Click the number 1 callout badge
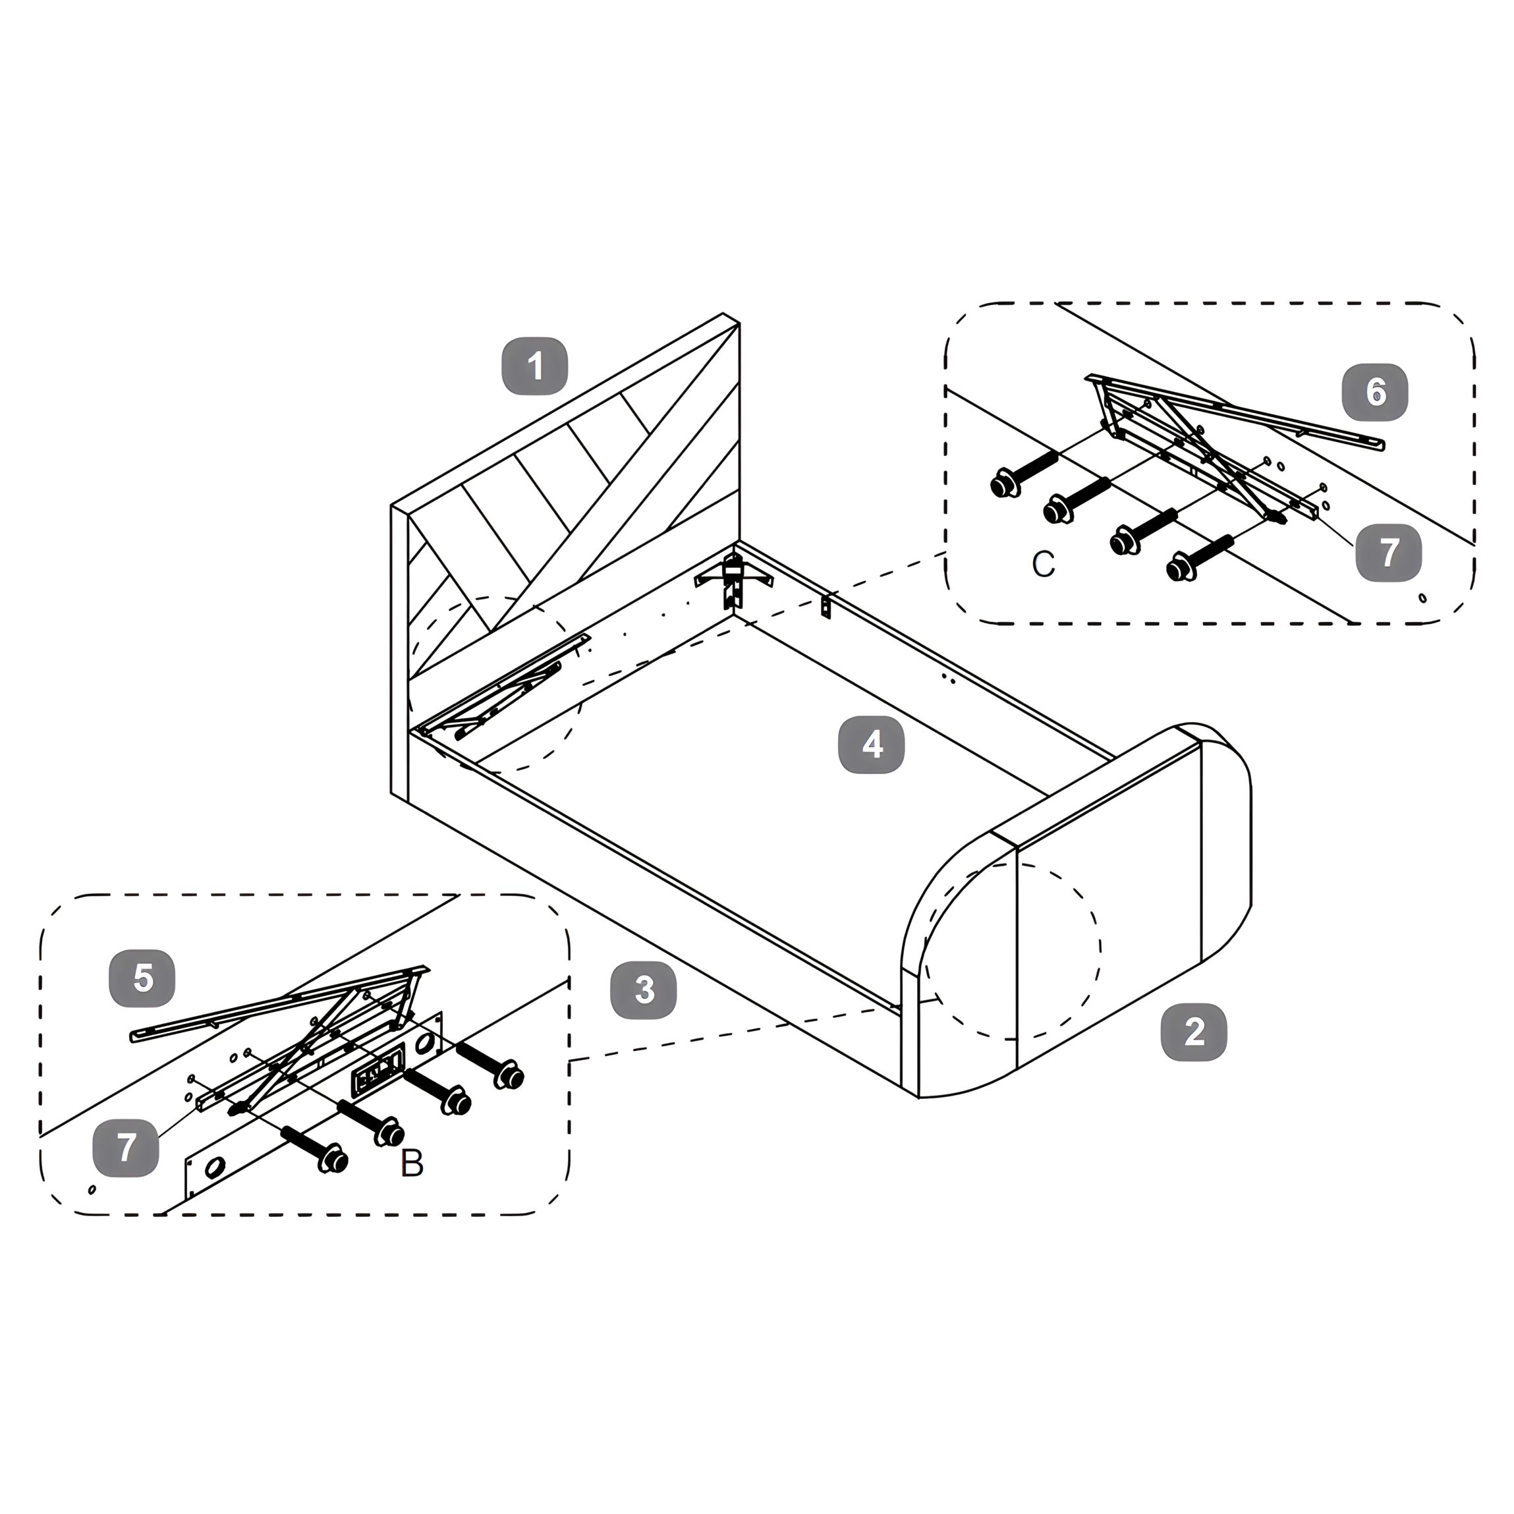(x=535, y=366)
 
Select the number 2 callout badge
(x=1194, y=1032)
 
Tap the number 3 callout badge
(x=644, y=990)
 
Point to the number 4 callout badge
(x=872, y=745)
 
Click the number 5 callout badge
(x=142, y=978)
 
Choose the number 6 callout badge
(x=1375, y=391)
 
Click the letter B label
(x=411, y=1164)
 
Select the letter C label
(x=1043, y=563)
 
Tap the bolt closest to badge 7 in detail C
(x=1200, y=555)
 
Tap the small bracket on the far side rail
(x=825, y=607)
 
